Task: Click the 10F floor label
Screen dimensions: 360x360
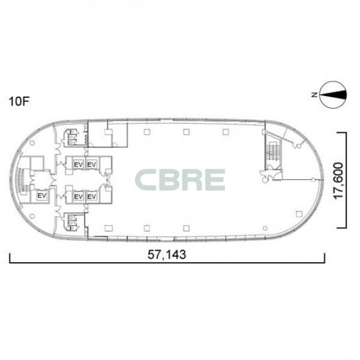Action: (19, 101)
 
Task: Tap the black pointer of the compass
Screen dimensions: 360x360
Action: (333, 95)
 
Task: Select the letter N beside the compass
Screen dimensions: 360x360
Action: (314, 95)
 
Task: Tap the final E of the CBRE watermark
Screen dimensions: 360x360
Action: (214, 180)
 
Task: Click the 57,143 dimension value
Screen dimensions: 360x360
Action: (167, 255)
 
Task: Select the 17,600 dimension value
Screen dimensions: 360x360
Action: (339, 181)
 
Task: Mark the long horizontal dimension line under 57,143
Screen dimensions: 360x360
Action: (167, 263)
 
